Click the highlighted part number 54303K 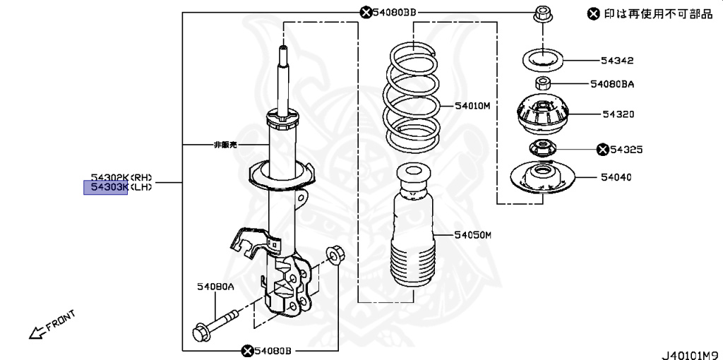[x=106, y=187]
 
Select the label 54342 [x=618, y=61]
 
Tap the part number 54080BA [x=612, y=84]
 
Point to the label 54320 [x=618, y=114]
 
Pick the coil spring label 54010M [x=472, y=107]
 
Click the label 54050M [x=472, y=234]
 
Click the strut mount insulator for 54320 [x=542, y=120]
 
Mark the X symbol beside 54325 [x=602, y=150]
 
